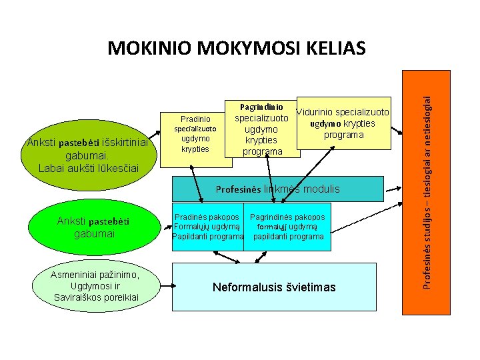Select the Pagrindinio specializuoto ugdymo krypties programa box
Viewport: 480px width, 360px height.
(263, 130)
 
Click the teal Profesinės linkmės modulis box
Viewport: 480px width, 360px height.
(277, 189)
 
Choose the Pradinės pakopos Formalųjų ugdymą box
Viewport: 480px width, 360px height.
(207, 227)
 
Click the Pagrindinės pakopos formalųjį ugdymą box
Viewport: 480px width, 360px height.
(287, 227)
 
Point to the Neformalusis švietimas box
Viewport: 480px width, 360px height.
(274, 287)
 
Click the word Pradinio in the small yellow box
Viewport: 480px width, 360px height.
(195, 119)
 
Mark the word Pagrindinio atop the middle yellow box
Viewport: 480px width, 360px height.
(262, 107)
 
